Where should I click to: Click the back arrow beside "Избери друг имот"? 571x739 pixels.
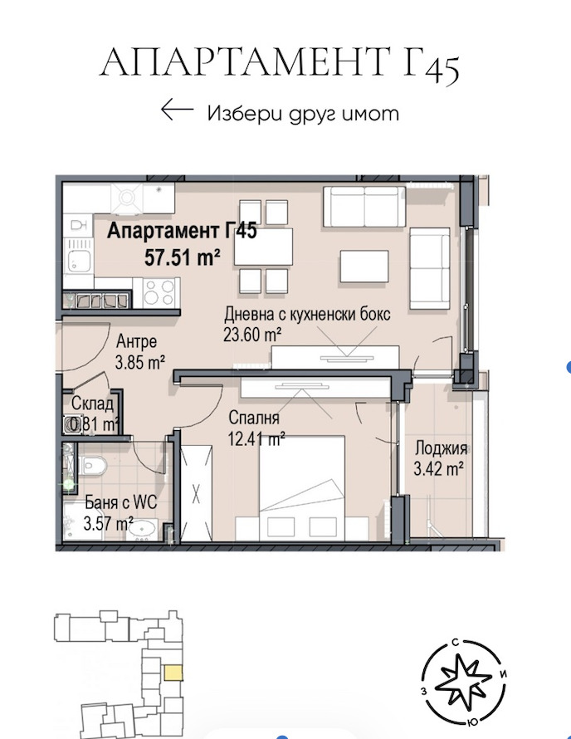(x=177, y=110)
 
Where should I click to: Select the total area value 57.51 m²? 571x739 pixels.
(x=183, y=257)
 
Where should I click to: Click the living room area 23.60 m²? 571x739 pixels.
(x=252, y=335)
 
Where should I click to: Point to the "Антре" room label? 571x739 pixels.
(x=136, y=341)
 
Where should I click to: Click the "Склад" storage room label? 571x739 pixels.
(x=93, y=404)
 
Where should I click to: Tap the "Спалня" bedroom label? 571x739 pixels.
(x=254, y=418)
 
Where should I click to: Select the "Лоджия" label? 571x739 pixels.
(x=441, y=448)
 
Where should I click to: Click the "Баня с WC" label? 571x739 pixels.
(x=120, y=502)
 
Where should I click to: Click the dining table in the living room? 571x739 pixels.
(x=263, y=247)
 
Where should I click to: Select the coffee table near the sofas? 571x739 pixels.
(x=364, y=267)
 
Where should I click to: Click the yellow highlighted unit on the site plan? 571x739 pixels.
(x=173, y=673)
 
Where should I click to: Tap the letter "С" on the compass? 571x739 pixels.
(x=455, y=643)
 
